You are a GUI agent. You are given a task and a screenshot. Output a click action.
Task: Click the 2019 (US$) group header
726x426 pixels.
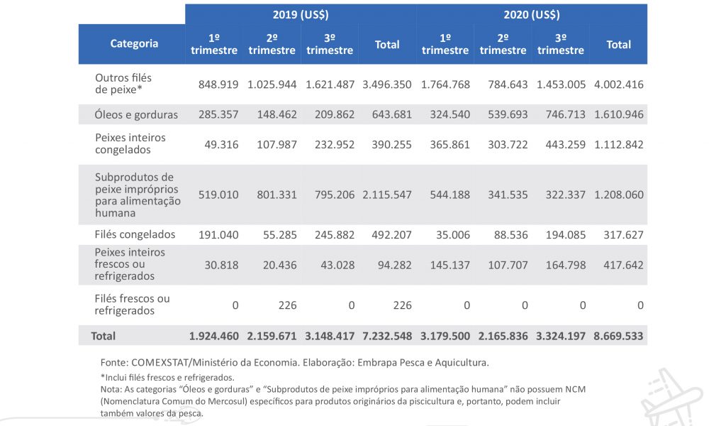[301, 14]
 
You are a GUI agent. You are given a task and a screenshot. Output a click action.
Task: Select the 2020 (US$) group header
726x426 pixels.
[532, 14]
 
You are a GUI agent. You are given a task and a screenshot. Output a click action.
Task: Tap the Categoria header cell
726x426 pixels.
[134, 44]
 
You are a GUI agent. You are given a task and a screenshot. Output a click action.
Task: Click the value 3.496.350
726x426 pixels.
[386, 84]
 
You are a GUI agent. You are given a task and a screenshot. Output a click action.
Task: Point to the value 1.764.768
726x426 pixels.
[445, 84]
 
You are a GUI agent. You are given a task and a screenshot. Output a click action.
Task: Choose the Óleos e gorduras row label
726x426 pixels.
[136, 114]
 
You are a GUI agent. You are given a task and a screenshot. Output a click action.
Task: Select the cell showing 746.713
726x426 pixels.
[560, 114]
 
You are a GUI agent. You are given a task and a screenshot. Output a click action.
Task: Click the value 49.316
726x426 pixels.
[220, 145]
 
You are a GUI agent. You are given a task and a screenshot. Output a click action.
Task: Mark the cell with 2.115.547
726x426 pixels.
[386, 195]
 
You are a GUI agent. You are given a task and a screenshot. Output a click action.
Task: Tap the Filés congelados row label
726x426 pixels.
[135, 234]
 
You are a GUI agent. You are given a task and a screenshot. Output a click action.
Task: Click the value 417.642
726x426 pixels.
[618, 265]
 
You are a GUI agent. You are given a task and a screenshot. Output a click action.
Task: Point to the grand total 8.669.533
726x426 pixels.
[618, 336]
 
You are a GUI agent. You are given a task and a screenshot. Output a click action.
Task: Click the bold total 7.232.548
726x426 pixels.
[386, 336]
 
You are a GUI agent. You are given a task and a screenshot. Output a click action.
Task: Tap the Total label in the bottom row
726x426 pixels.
[103, 336]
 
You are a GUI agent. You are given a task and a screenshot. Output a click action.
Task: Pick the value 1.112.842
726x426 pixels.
[618, 145]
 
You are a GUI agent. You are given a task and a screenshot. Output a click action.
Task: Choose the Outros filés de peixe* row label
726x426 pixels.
[123, 83]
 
